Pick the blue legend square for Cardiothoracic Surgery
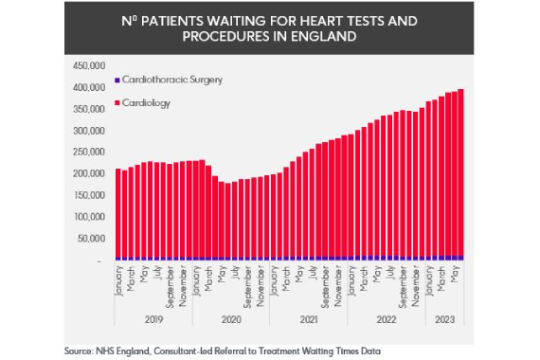pyautogui.click(x=117, y=81)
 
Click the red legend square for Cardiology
pyautogui.click(x=117, y=102)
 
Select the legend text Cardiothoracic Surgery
pyautogui.click(x=171, y=81)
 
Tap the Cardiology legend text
pyautogui.click(x=147, y=102)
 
